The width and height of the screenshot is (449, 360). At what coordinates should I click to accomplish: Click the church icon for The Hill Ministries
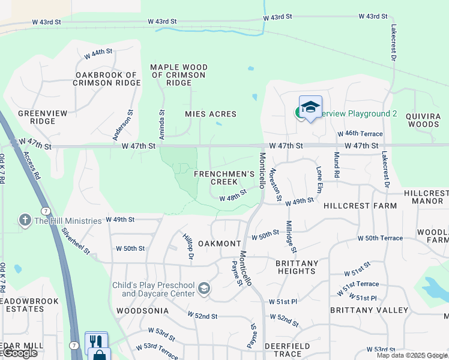click(x=25, y=220)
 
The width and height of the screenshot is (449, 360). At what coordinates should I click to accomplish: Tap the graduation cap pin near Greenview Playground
click(x=310, y=108)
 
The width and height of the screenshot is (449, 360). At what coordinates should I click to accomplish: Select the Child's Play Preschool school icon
click(x=204, y=289)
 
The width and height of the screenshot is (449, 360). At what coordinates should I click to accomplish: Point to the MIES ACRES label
click(x=210, y=114)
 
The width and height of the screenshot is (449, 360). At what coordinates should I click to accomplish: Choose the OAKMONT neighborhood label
click(x=220, y=244)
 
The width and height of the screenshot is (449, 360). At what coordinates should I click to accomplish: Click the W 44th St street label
click(x=98, y=53)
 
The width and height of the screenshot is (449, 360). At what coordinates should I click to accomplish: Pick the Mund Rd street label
click(x=337, y=168)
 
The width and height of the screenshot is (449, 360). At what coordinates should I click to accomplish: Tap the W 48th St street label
click(x=233, y=196)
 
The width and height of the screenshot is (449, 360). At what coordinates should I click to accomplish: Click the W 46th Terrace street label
click(x=360, y=134)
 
